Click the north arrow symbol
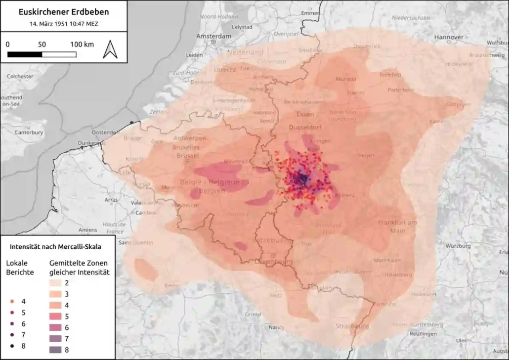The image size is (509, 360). pos(110,49)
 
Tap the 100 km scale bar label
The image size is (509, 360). pos(82,44)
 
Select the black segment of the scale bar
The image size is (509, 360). pos(25,54)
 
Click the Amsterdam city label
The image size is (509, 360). pos(213,37)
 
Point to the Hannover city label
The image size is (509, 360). pos(449,37)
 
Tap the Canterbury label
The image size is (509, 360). pos(29,133)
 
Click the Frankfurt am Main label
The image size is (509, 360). pos(397,226)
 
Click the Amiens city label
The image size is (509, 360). pos(87,229)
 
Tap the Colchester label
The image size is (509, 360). pos(20,77)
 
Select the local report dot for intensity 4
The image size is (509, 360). pos(11,301)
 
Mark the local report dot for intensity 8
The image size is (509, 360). pos(11,346)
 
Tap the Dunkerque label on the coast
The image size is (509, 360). pos(89,143)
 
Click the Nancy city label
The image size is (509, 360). pos(277,327)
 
